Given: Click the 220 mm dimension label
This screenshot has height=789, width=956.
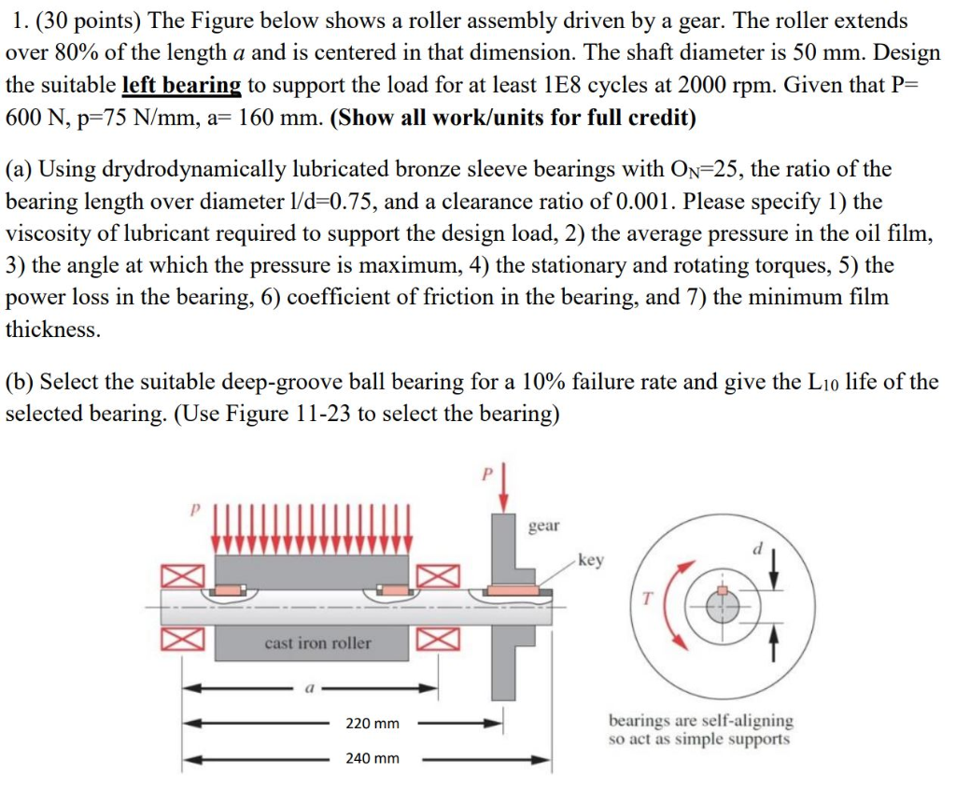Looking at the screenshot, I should pos(372,724).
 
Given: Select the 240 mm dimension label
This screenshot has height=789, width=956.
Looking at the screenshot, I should pos(372,758).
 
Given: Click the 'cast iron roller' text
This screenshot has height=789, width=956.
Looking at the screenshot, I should pos(317,642).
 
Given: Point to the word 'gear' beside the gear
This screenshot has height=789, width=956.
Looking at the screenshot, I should pos(544,526).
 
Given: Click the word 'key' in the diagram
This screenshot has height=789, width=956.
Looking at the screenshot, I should pos(591,560).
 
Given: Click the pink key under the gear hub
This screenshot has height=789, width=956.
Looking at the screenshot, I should pos(512,590).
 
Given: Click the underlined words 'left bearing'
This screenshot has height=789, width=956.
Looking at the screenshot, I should pos(182,85).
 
